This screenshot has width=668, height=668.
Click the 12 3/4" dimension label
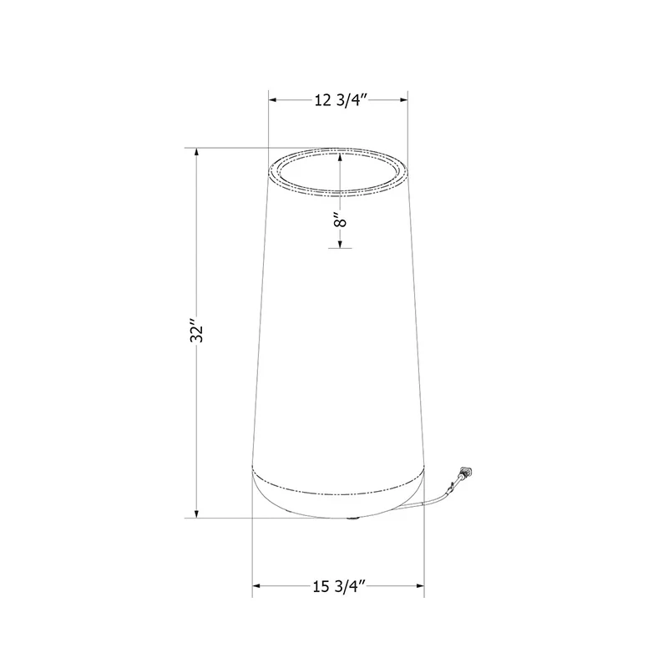coord(341,100)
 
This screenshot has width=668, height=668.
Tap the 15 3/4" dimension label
coord(340,587)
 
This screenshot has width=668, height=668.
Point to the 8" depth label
coord(340,220)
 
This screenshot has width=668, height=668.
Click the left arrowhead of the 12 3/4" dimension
coord(273,100)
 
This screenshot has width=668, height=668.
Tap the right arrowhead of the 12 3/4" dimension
coord(403,100)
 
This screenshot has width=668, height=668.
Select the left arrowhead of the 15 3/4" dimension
coord(257,586)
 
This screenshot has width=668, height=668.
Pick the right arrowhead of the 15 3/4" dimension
coord(419,586)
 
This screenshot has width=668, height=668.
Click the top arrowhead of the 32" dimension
coord(196,153)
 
